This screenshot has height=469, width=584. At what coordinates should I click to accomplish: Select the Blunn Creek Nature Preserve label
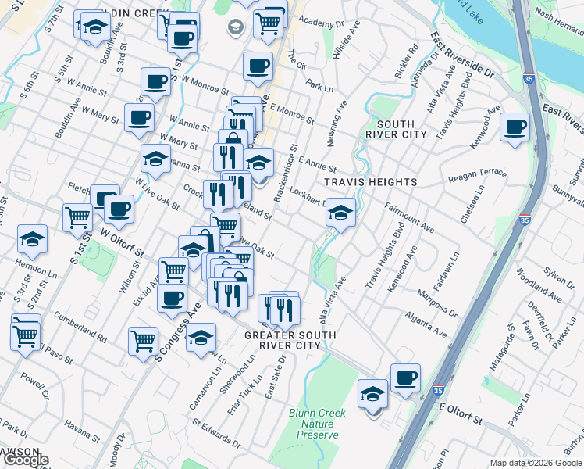[x=313, y=423]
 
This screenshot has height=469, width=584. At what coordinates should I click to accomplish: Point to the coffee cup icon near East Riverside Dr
[x=515, y=128]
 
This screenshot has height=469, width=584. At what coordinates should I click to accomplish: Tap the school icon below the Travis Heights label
[x=340, y=212]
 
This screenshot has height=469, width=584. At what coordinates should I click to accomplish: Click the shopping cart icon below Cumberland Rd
[x=144, y=342]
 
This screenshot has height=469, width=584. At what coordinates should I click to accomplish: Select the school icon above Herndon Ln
[x=32, y=239]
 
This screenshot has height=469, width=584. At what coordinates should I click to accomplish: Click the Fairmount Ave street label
[x=411, y=217]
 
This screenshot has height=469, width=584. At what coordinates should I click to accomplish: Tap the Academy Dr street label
[x=316, y=23]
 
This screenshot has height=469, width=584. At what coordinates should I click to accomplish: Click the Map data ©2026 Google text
[x=536, y=463]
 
